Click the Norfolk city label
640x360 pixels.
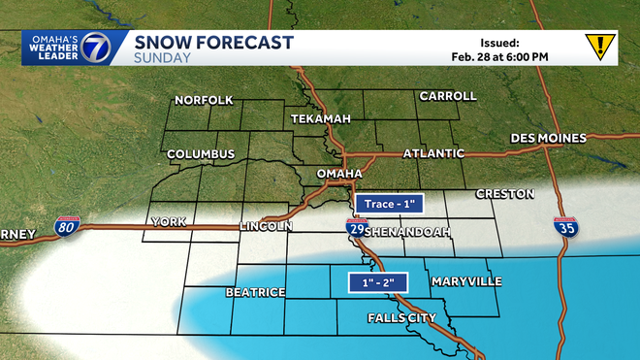click(x=205, y=100)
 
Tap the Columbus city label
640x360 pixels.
click(x=201, y=154)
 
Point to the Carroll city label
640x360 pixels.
click(x=448, y=96)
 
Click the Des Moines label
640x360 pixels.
click(x=549, y=138)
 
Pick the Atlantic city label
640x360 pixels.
click(x=433, y=154)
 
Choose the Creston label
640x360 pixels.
click(x=505, y=194)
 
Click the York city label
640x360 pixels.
click(x=167, y=222)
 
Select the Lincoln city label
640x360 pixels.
click(x=266, y=227)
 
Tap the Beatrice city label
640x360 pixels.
click(x=255, y=292)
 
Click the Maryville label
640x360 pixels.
click(x=466, y=281)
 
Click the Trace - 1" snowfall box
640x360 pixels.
click(x=390, y=205)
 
